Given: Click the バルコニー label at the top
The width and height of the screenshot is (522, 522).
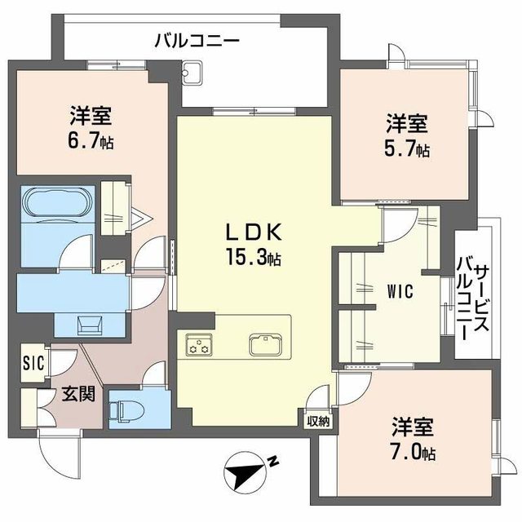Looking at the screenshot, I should (197, 38).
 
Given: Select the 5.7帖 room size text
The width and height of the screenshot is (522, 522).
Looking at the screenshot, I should (408, 149).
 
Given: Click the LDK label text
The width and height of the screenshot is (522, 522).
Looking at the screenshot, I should (253, 232).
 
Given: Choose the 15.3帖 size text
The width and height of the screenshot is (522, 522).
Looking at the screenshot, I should (254, 259).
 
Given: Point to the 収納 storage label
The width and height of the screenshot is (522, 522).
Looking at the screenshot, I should (318, 421).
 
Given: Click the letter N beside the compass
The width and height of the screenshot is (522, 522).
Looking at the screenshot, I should (274, 462).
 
